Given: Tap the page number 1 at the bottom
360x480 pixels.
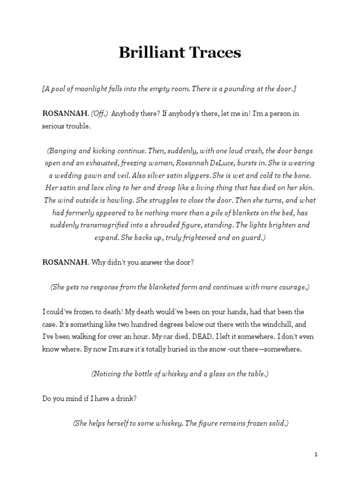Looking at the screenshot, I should [x=316, y=454].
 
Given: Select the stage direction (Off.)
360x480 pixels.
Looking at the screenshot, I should [x=99, y=114].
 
